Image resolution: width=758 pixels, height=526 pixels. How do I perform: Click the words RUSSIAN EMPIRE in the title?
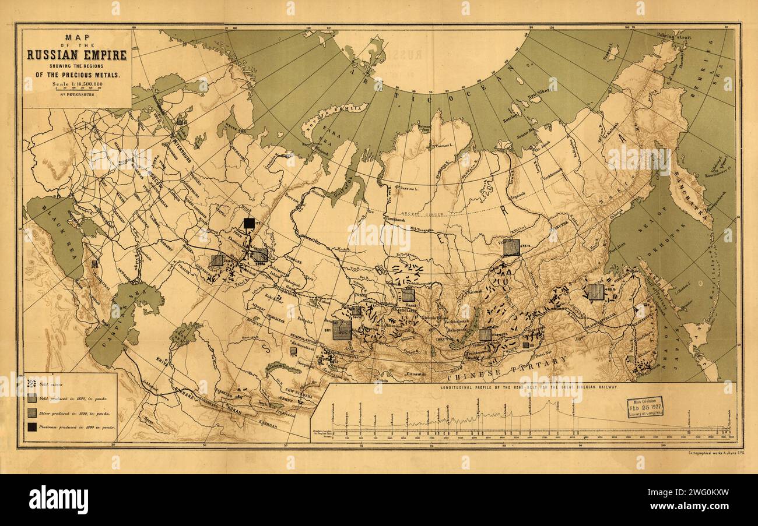point(76,56)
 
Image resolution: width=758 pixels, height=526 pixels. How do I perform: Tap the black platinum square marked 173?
point(249,223)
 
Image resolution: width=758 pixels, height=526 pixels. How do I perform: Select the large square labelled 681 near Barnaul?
point(342,330)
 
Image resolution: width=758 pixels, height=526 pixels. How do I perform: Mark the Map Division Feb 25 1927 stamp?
point(645,407)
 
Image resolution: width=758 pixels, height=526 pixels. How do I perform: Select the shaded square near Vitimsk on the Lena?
point(511,247)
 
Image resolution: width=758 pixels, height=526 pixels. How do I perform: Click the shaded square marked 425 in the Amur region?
point(595,292)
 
